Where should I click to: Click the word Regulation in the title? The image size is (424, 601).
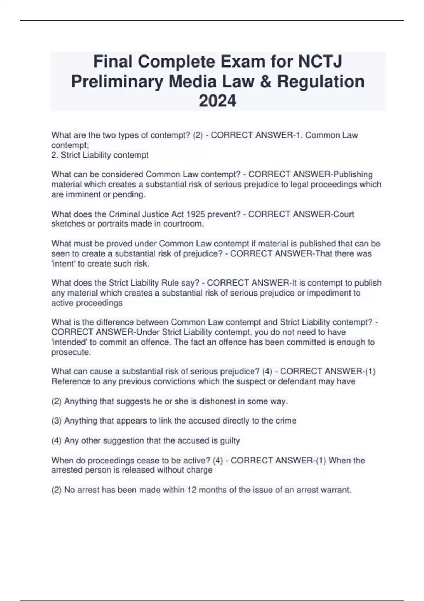(321, 81)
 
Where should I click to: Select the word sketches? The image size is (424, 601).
(65, 224)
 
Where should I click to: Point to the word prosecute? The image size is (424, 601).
(71, 352)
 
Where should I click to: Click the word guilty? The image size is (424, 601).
(230, 441)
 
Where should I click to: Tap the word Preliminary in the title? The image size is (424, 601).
(117, 81)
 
